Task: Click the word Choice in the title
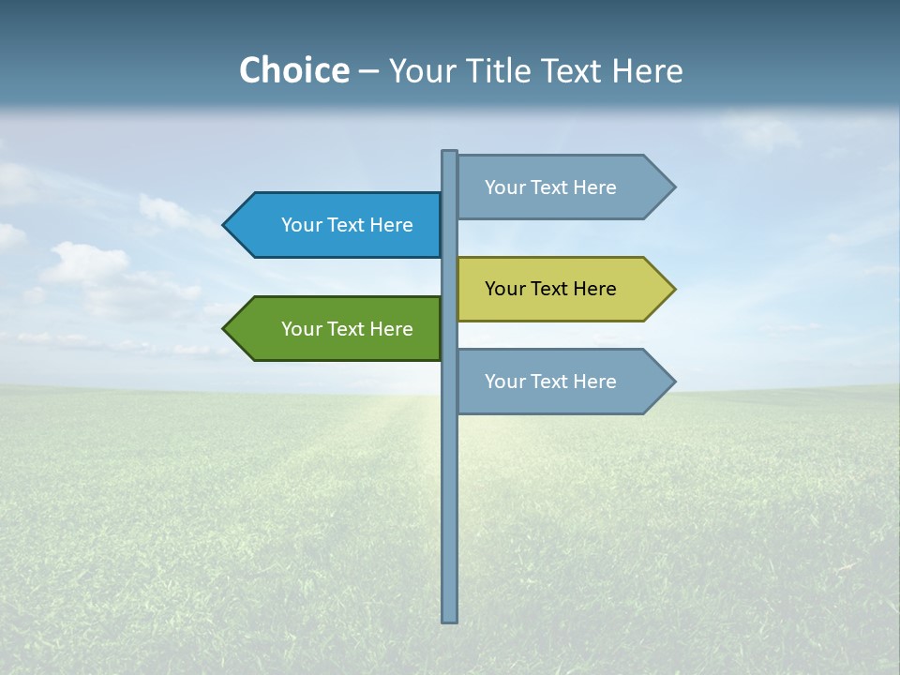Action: point(293,70)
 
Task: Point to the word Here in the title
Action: point(647,70)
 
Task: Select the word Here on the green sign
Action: point(391,329)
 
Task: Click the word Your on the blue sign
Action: point(301,225)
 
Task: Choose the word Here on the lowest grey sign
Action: point(594,382)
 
